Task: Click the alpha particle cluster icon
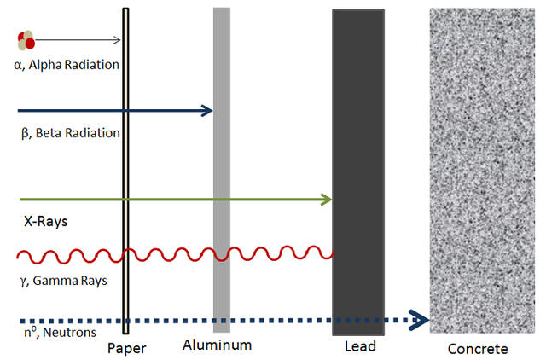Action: click(26, 40)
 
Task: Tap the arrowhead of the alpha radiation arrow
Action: click(118, 40)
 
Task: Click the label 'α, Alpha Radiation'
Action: click(67, 65)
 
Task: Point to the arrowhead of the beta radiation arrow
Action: click(207, 111)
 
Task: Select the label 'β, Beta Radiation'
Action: click(71, 133)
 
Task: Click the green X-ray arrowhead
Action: click(326, 200)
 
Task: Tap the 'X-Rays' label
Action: click(45, 222)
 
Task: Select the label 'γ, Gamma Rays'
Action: click(64, 281)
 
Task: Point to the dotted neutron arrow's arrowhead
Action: click(420, 320)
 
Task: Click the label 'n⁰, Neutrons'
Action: click(60, 333)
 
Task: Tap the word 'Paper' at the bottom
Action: click(127, 349)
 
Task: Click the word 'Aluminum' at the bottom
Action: click(218, 345)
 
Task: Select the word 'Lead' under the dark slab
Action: click(360, 346)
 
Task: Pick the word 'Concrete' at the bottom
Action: click(478, 349)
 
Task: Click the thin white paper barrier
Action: click(125, 171)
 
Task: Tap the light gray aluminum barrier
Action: click(222, 170)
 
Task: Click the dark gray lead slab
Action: click(358, 172)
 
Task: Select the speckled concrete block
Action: click(482, 171)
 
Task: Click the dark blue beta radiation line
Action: click(115, 111)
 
